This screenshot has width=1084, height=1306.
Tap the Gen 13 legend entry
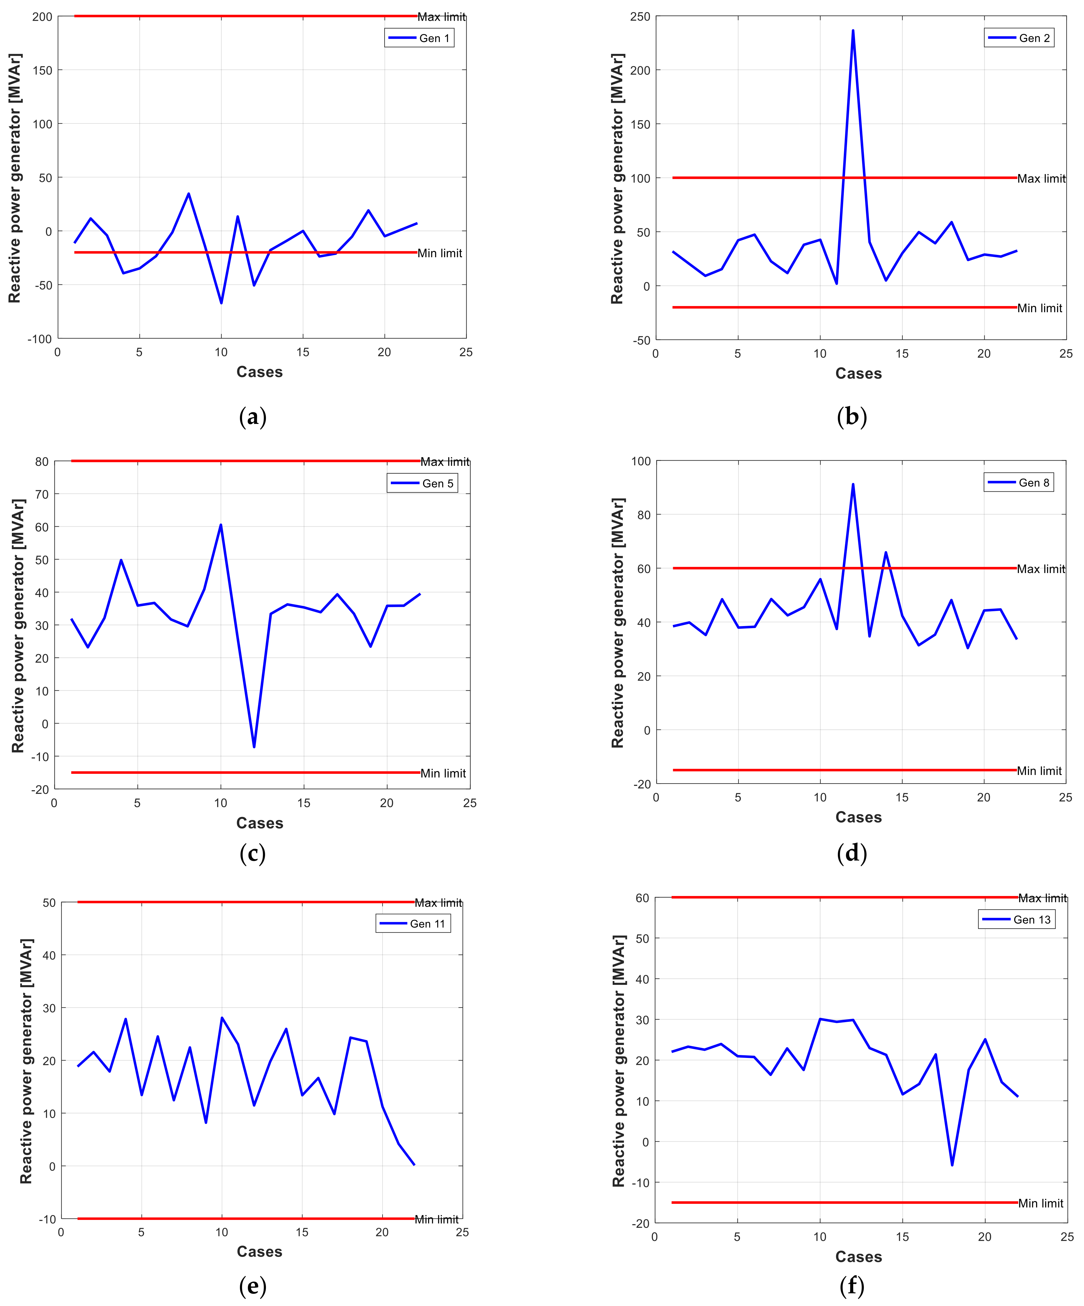1017,919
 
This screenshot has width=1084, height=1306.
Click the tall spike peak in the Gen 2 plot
853,30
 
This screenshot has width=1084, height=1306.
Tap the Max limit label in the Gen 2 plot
1041,178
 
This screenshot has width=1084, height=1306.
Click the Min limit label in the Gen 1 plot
439,253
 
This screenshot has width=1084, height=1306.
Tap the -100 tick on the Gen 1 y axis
40,339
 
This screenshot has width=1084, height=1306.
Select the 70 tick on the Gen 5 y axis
41,494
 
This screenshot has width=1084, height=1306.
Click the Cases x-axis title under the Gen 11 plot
259,1251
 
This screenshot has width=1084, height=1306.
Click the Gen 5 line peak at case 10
221,525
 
